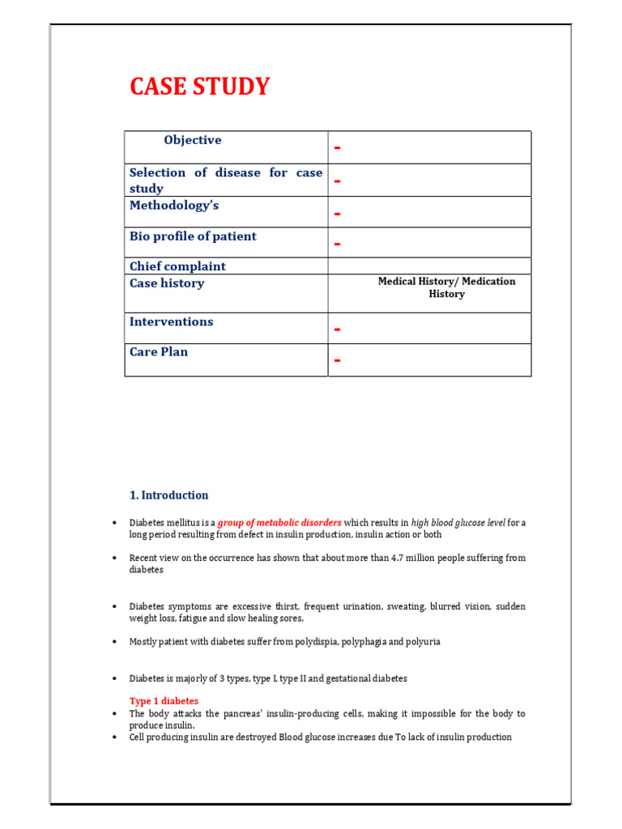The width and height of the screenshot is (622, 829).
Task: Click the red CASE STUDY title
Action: tap(200, 87)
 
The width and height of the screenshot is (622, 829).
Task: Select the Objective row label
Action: tap(192, 140)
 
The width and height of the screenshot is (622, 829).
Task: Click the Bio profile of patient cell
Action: tap(193, 236)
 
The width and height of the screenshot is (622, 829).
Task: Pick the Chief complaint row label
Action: tap(177, 266)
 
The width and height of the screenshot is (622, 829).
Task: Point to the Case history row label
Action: tap(167, 283)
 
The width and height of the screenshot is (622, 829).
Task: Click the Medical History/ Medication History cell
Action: tap(446, 287)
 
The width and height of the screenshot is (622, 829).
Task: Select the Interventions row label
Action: tap(172, 321)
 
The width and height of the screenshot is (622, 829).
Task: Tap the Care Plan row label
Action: tap(159, 352)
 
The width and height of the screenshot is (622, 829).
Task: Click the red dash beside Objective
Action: tap(337, 147)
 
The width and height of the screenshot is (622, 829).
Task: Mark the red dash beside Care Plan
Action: tap(337, 360)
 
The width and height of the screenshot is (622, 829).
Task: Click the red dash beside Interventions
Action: tap(337, 329)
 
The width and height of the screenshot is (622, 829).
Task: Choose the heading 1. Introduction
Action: tap(168, 495)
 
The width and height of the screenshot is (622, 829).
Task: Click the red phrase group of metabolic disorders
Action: tap(280, 523)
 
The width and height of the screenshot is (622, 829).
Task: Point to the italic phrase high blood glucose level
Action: tap(458, 523)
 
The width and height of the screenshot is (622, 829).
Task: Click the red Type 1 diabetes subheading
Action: tap(164, 701)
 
